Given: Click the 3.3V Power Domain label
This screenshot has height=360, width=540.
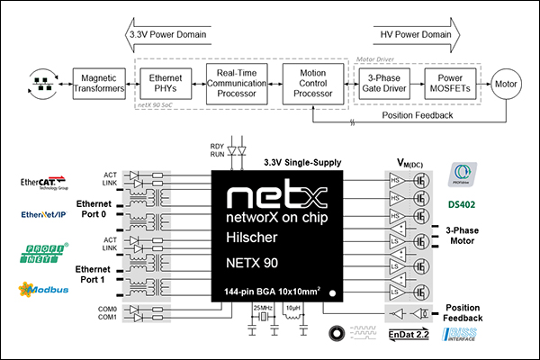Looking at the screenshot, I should click(x=168, y=34).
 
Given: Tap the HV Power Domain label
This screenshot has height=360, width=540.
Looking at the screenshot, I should click(x=414, y=34).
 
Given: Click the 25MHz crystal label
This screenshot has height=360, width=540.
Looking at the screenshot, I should click(x=262, y=309).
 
